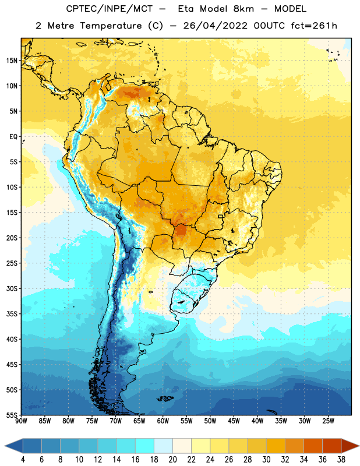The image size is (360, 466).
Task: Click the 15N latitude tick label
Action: [x=12, y=61]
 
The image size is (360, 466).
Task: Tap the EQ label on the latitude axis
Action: [x=13, y=137]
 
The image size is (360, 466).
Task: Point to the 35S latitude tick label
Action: [x=12, y=314]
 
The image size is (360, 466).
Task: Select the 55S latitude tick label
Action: [x=12, y=415]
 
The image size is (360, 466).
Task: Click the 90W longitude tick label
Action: [x=21, y=421]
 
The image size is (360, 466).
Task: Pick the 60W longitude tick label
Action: [x=163, y=421]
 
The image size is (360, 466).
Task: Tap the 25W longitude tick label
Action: [x=328, y=421]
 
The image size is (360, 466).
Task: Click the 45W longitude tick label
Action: [x=234, y=421]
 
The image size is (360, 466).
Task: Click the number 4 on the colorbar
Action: [x=23, y=460]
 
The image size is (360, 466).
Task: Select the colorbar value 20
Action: [x=172, y=460]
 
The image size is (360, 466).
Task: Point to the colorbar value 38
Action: [x=341, y=460]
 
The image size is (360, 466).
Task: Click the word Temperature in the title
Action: [x=111, y=26]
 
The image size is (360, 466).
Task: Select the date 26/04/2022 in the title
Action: [x=215, y=26]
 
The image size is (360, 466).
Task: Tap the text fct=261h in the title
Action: [x=314, y=26]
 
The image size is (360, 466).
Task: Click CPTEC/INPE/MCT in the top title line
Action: [x=109, y=9]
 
